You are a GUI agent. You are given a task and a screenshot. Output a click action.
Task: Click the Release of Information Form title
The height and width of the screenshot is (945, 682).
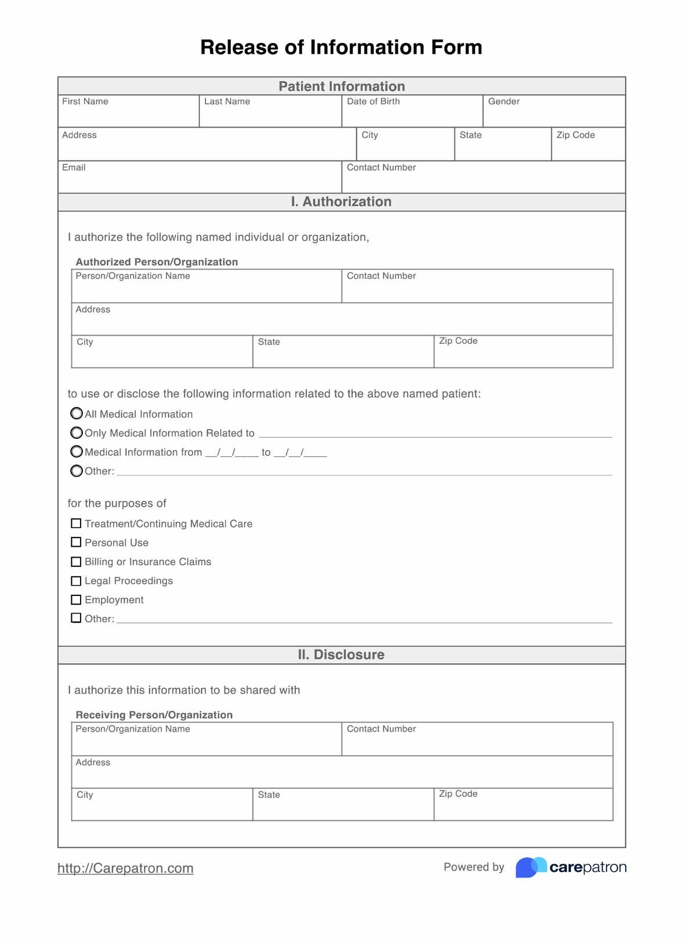pos(341,48)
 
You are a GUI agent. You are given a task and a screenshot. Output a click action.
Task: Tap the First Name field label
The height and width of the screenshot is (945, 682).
pos(85,101)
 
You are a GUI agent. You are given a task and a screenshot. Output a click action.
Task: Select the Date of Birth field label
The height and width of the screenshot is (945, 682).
pos(373,101)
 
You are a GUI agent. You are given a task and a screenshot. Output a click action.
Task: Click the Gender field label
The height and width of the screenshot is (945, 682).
pos(503,101)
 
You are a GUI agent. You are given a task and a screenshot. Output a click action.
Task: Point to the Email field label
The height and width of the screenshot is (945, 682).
pos(74,168)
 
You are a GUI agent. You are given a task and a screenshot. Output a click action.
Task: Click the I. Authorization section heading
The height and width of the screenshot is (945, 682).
pos(341,202)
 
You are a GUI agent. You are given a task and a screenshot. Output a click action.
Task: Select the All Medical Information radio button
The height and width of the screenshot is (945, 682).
pos(77,413)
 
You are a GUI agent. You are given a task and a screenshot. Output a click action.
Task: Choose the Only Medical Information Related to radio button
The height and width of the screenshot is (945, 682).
pos(77,432)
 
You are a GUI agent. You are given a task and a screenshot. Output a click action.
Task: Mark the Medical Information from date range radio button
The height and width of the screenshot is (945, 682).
pos(77,452)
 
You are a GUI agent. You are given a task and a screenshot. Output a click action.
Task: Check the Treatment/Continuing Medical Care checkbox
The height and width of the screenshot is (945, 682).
pos(76,524)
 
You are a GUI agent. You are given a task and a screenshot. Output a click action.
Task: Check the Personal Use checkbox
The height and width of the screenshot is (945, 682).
pos(76,542)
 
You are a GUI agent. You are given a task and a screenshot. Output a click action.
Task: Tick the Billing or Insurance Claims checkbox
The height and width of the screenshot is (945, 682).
pos(76,562)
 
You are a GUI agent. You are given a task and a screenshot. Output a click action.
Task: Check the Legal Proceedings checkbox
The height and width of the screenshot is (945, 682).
pos(76,581)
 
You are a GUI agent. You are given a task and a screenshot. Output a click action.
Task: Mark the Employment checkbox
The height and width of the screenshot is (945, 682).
pos(76,599)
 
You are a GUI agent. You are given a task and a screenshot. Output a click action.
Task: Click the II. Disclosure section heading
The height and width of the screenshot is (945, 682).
pos(341,655)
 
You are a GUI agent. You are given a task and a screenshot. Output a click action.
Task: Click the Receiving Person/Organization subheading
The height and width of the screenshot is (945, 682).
pos(154,715)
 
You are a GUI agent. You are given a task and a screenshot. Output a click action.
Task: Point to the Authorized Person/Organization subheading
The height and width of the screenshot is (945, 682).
pos(157,262)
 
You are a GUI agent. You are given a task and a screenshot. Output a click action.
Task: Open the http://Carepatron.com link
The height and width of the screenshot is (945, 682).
pos(125,868)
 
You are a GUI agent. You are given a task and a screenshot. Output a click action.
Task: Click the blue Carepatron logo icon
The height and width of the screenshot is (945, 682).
pos(531,867)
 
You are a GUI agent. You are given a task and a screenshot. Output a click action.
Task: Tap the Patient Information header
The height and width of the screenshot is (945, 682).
pos(342,86)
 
